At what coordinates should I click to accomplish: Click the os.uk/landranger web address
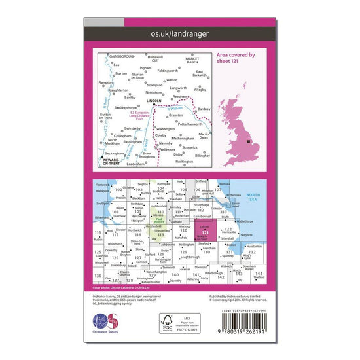pos(180,32)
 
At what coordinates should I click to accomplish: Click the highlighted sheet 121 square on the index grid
pos(206,232)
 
